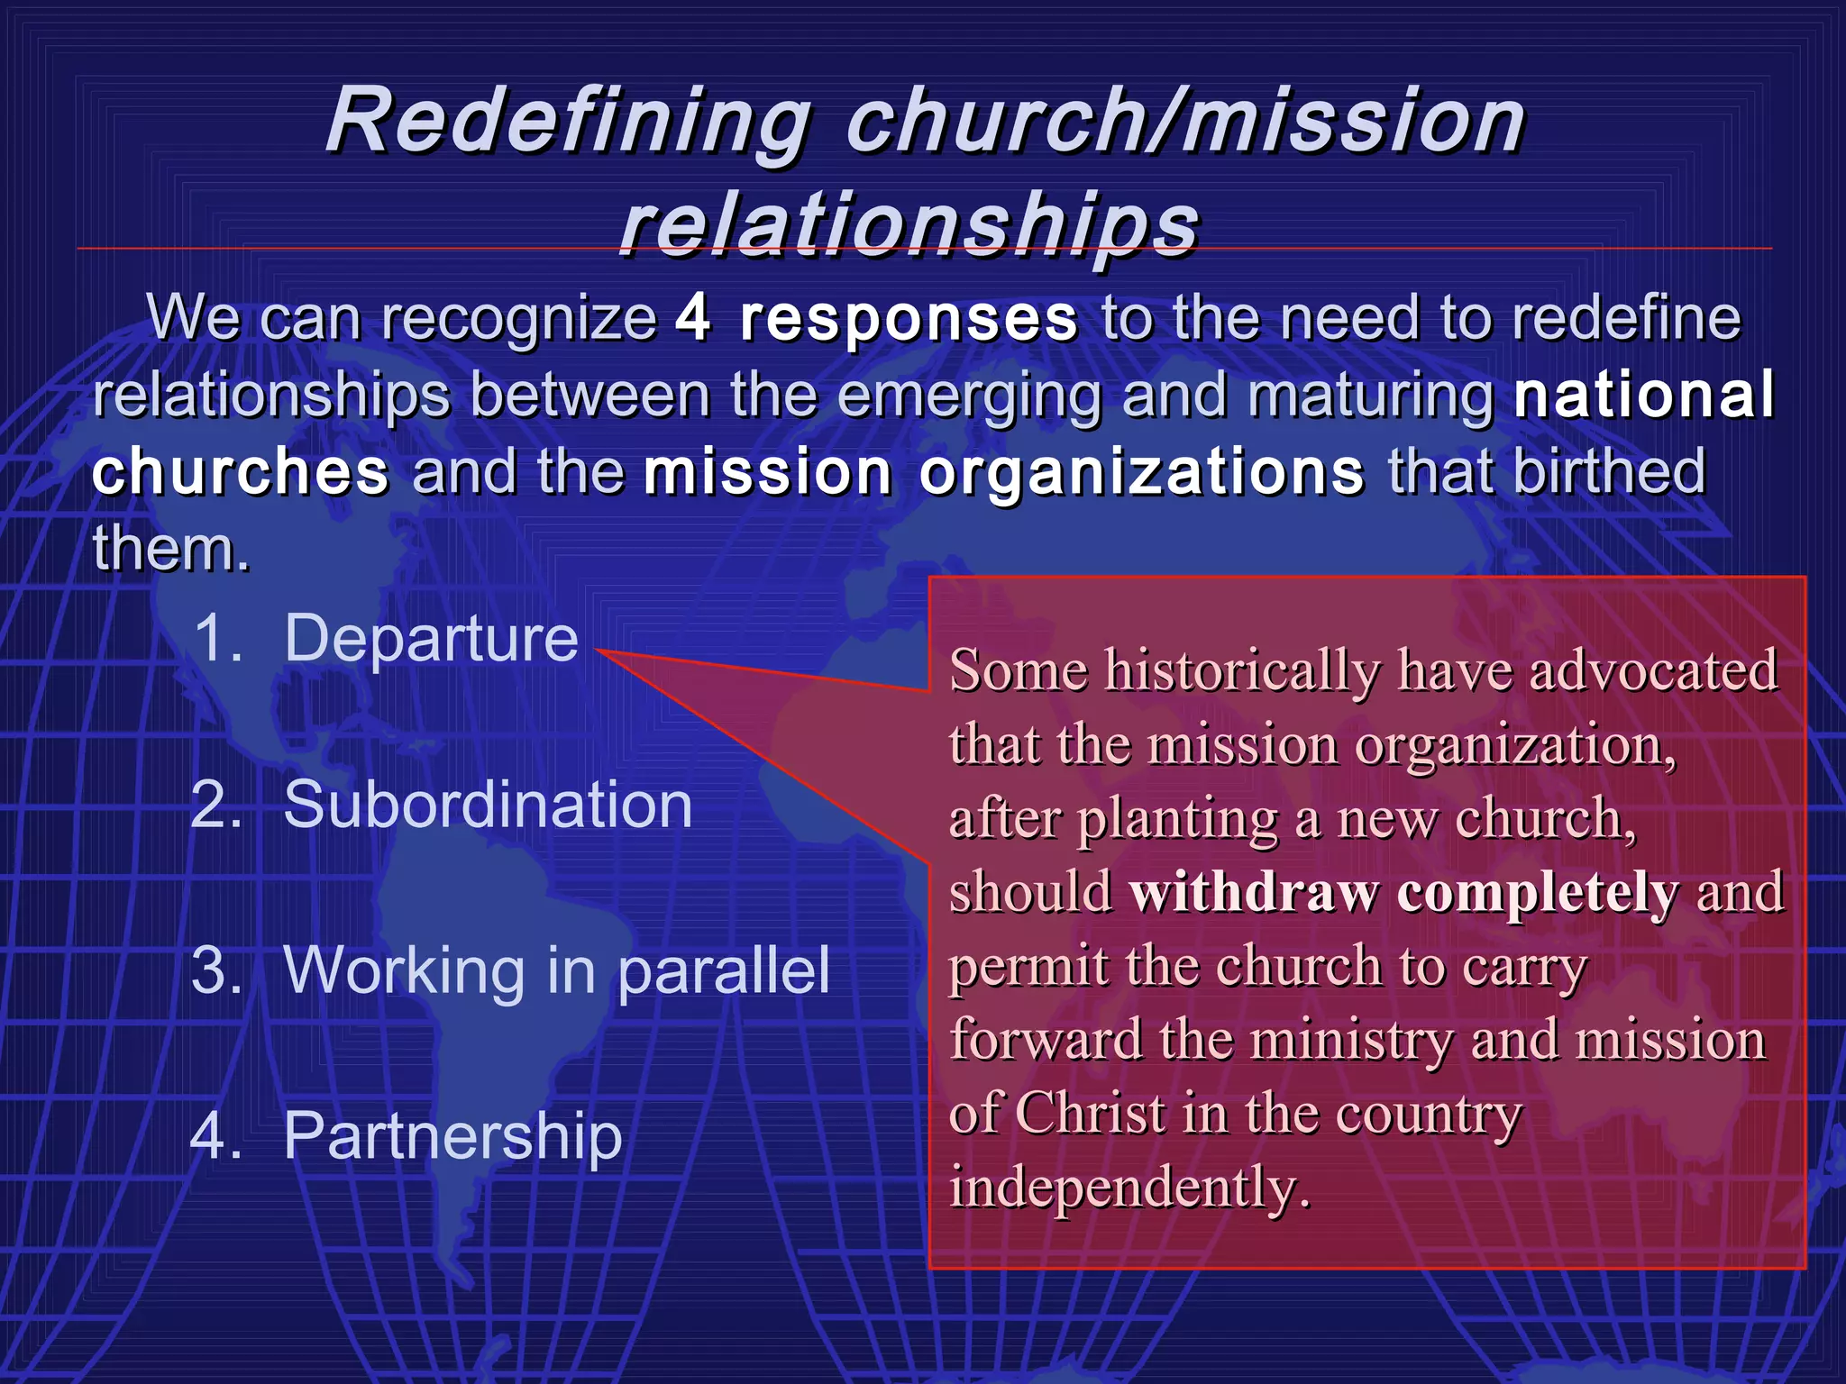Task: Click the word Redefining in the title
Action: [568, 122]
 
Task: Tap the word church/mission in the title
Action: [1185, 122]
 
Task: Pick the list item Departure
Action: [431, 638]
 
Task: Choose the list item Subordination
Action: [488, 804]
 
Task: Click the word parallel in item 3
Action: [724, 970]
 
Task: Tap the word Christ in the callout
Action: [1092, 1114]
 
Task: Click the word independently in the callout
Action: [1129, 1188]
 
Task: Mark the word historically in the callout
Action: [1243, 670]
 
